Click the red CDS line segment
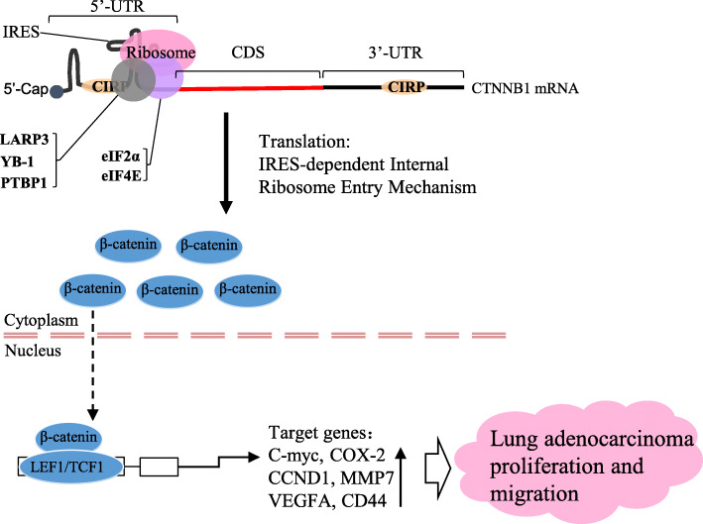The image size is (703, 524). point(248,87)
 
